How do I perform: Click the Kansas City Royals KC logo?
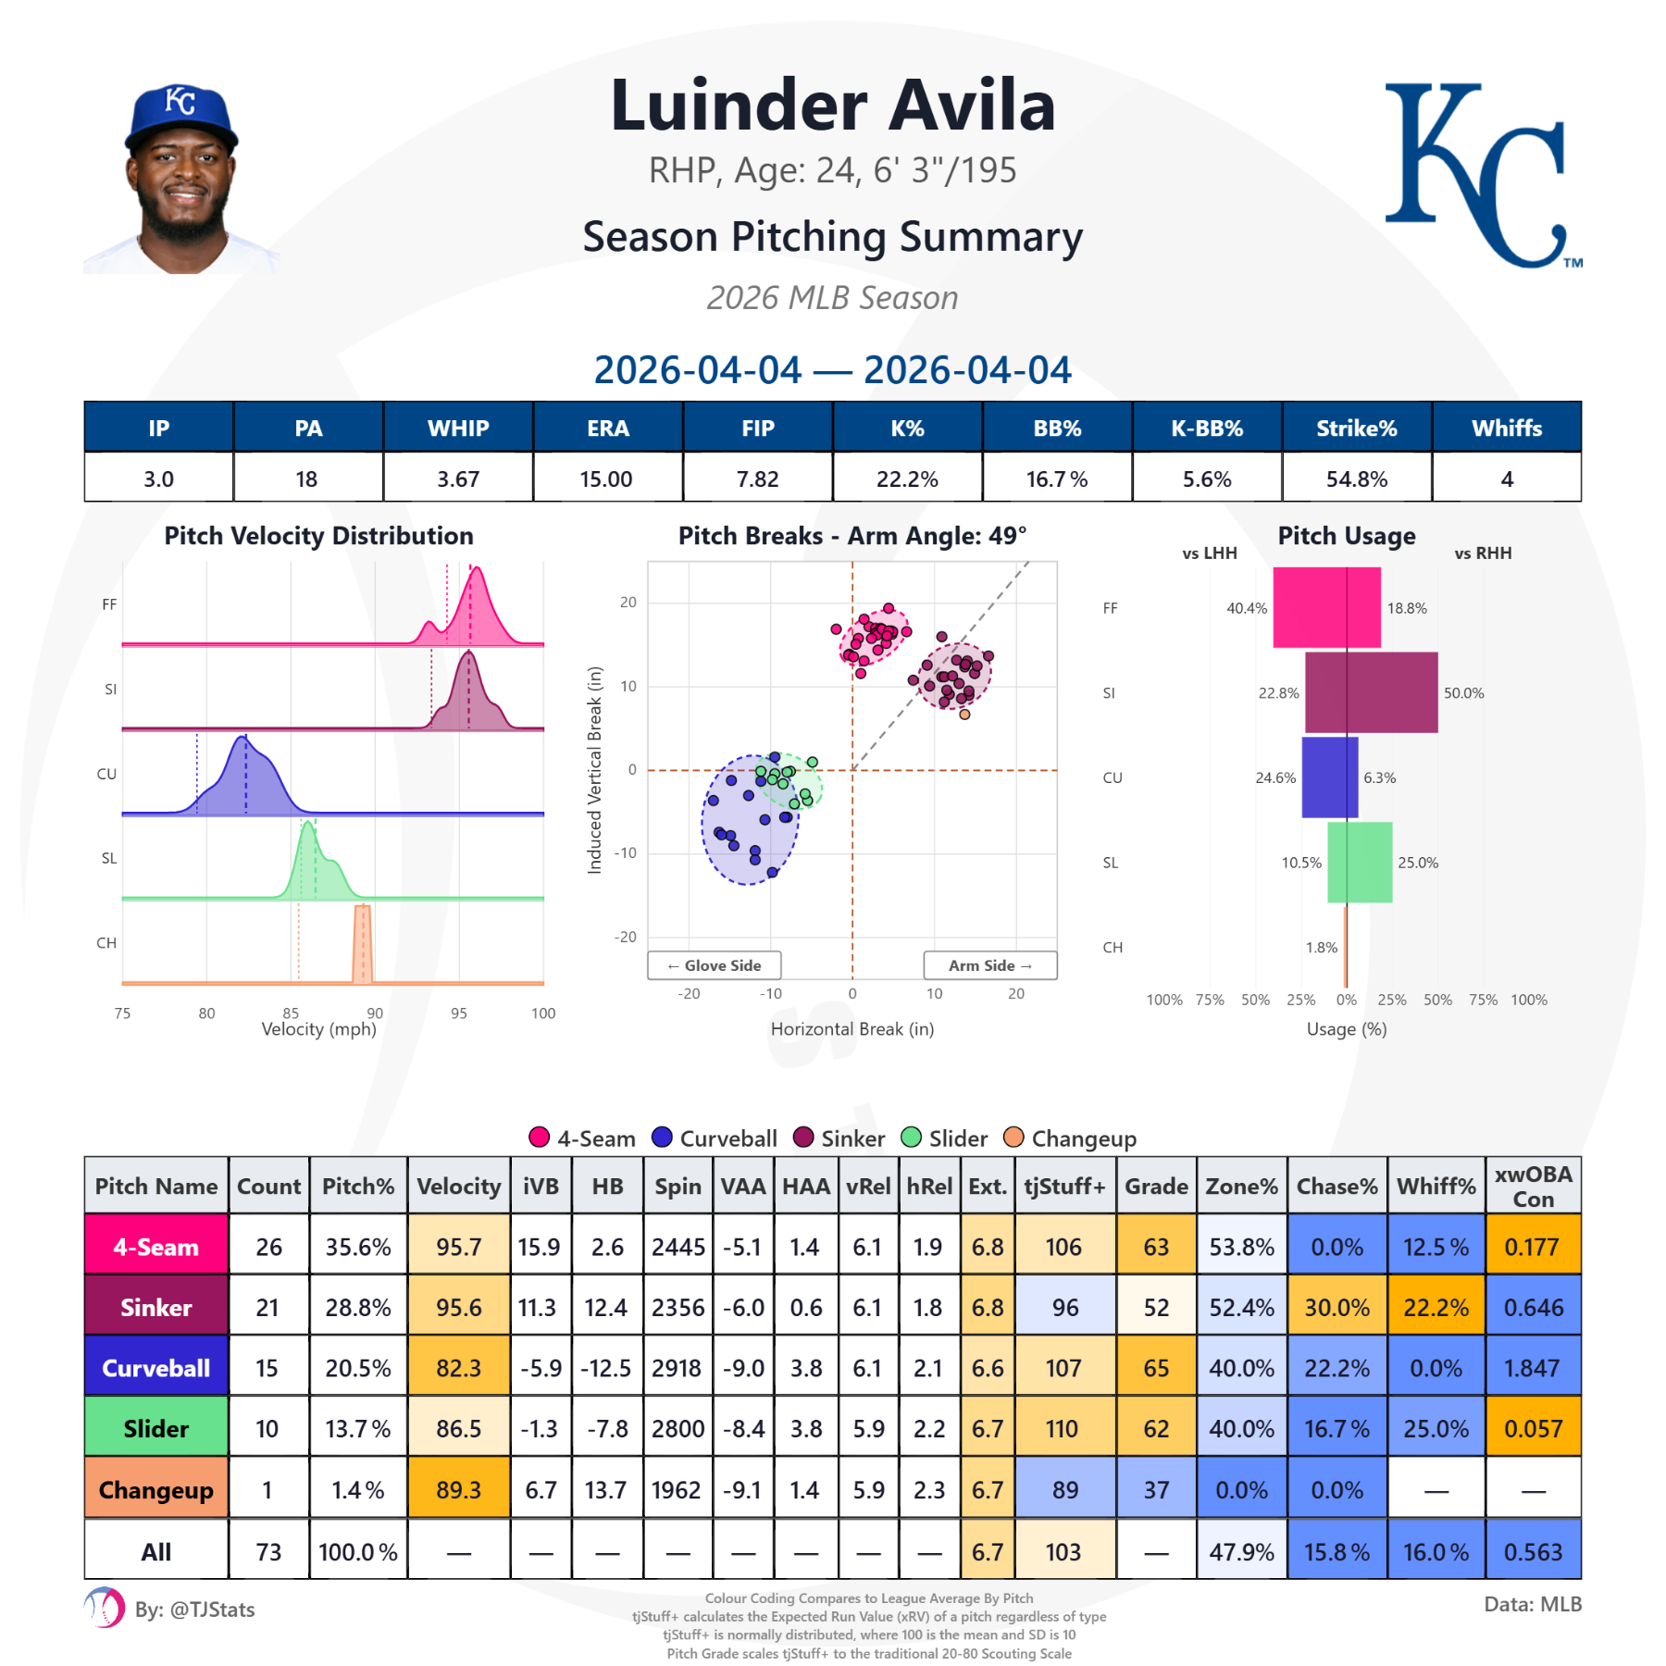1481,176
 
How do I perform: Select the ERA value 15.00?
606,479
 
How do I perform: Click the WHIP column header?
458,428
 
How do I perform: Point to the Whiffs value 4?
1507,479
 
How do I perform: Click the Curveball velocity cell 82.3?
459,1368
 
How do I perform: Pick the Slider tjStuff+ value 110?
1063,1429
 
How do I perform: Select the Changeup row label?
155,1490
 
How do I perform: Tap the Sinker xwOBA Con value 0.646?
1533,1308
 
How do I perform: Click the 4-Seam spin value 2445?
678,1247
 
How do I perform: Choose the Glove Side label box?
715,965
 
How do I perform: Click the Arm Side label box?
989,965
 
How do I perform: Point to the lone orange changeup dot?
964,714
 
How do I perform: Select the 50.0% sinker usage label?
1463,693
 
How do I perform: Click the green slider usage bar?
1360,862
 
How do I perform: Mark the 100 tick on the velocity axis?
543,1013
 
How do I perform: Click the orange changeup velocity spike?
363,944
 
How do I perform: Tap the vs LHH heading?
1209,553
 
